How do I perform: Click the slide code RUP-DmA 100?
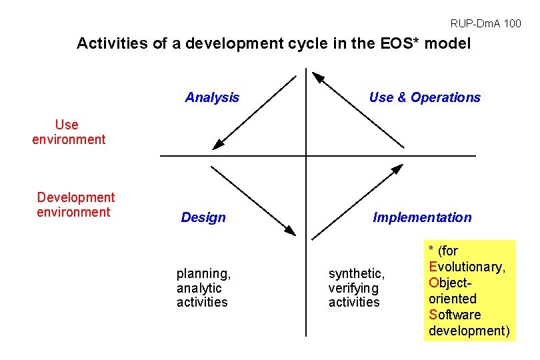pos(485,24)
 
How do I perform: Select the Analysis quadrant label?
pos(212,98)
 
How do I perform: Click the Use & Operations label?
pos(425,98)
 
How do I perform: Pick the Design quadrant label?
pos(203,217)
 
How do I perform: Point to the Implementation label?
pos(422,217)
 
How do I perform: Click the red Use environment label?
pos(69,132)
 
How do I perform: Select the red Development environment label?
pos(75,205)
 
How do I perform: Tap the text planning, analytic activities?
pos(203,288)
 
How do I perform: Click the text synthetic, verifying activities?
pos(356,288)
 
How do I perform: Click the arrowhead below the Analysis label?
pos(217,144)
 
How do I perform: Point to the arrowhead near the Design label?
pos(289,230)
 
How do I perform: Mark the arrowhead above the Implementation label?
pos(397,169)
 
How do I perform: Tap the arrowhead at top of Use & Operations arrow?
pos(318,78)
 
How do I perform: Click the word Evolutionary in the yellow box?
pos(467,267)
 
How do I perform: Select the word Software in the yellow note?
pos(455,315)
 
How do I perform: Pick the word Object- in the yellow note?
pos(450,283)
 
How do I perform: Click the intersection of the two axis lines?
pos(306,156)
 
